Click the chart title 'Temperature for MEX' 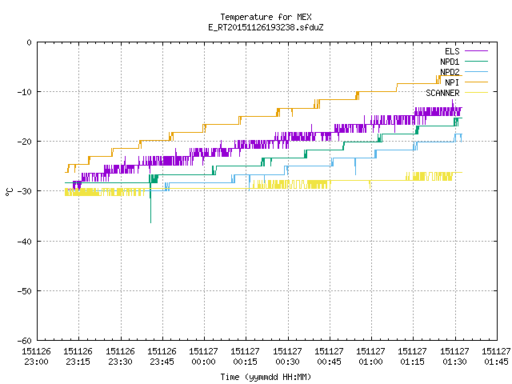[x=266, y=17]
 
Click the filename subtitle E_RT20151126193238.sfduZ [x=266, y=27]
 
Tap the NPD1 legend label [x=450, y=62]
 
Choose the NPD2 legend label [x=450, y=72]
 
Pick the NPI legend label [x=452, y=82]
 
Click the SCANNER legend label [x=442, y=93]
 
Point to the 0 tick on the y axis [x=30, y=42]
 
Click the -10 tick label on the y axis [x=25, y=92]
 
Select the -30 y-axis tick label [x=25, y=191]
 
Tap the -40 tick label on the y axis [x=25, y=242]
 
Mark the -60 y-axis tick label [x=25, y=341]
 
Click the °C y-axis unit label [x=9, y=192]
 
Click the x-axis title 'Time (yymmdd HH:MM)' [x=266, y=377]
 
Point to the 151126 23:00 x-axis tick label [x=36, y=357]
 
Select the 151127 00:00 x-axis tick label [x=204, y=357]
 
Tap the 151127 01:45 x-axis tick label [x=496, y=357]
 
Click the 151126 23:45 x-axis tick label [x=162, y=357]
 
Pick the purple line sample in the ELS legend [x=476, y=51]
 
